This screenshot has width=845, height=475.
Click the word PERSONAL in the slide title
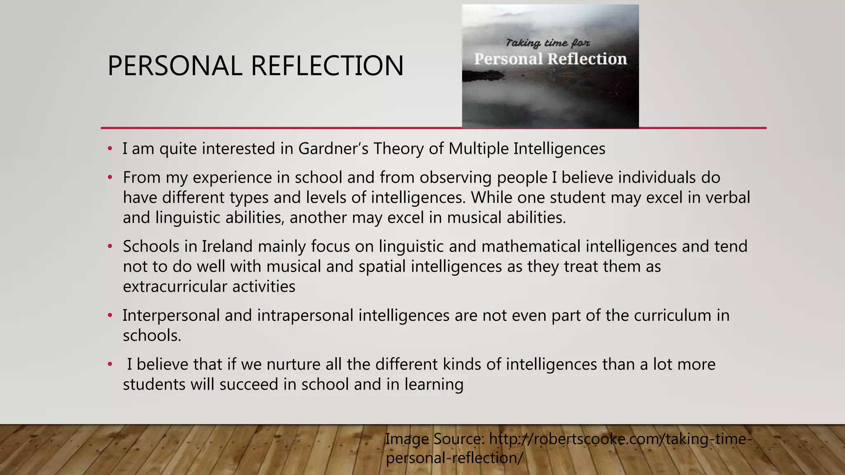click(175, 66)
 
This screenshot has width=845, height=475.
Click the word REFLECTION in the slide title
click(327, 66)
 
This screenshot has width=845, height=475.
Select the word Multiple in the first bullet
click(478, 149)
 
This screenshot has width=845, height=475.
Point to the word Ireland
click(227, 247)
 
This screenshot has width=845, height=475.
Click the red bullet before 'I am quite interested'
click(110, 149)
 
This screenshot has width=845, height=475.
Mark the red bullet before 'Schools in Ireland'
click(110, 247)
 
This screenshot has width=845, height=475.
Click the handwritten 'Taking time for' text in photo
click(548, 43)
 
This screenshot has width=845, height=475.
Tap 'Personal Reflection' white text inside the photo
click(550, 59)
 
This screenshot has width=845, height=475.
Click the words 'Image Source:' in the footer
click(434, 439)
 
